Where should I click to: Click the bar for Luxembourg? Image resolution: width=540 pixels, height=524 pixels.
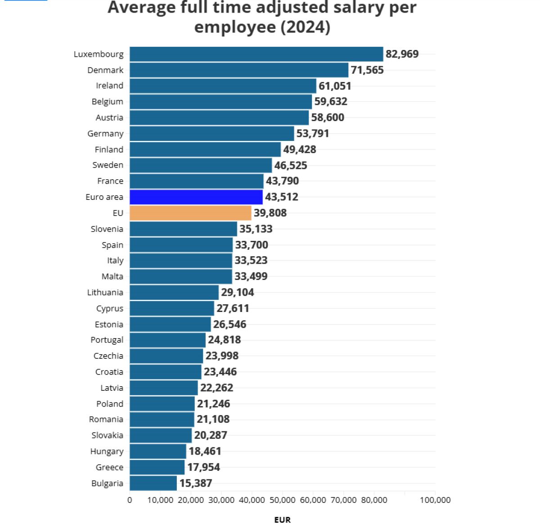256,54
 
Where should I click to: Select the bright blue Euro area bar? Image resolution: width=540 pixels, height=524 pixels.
196,197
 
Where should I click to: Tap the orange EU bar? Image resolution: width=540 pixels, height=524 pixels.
190,213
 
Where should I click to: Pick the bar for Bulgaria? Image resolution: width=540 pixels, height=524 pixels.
153,483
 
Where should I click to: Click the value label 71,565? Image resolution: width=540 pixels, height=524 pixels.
367,70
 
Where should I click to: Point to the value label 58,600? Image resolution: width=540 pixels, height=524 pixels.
328,117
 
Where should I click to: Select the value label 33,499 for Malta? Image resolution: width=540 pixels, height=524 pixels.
251,276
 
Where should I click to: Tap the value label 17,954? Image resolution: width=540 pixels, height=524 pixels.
203,467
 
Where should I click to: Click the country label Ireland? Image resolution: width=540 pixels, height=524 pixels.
109,86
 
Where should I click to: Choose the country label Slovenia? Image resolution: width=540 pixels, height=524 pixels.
107,229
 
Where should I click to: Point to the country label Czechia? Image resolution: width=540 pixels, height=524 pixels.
108,356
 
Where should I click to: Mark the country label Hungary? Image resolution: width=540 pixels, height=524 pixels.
107,451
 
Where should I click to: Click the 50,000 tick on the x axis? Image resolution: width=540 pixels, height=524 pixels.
282,500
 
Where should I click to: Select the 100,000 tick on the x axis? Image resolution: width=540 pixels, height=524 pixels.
435,500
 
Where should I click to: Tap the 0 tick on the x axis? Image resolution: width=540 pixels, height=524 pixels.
130,500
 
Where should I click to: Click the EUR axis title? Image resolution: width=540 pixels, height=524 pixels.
282,519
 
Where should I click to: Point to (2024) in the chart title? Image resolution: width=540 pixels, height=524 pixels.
306,27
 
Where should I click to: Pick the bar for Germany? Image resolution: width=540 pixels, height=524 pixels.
211,134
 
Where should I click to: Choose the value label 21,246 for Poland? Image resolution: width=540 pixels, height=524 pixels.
213,404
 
